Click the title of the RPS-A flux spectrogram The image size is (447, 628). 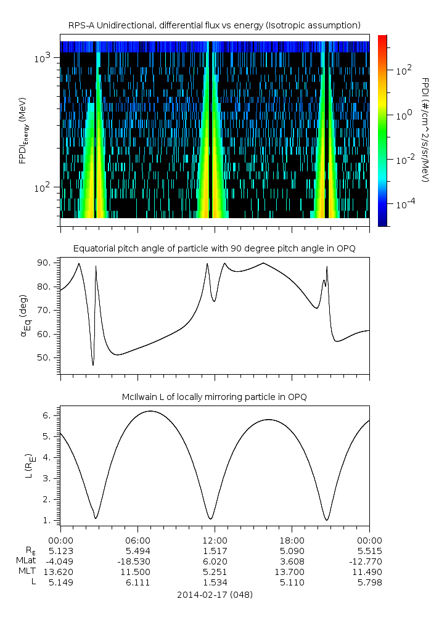tap(214, 25)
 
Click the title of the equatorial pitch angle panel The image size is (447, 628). tap(214, 248)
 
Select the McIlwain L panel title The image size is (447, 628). tap(214, 397)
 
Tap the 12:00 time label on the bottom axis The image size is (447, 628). tap(215, 539)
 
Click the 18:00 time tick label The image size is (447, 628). tap(292, 539)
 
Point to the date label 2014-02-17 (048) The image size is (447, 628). tap(214, 595)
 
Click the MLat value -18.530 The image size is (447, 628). tap(137, 561)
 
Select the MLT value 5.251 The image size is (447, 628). tap(215, 571)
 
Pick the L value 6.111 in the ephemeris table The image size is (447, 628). tap(137, 582)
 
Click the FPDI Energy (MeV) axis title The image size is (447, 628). tap(23, 131)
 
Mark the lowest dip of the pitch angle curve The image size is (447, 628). tap(93, 365)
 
